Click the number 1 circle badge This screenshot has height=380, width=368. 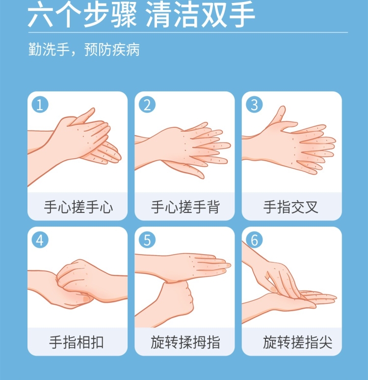40,105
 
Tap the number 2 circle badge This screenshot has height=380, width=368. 147,105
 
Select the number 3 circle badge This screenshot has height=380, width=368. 254,105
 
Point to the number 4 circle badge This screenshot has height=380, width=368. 40,240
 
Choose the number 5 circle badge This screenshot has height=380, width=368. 147,240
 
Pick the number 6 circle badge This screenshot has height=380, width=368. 254,240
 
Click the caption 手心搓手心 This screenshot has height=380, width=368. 79,207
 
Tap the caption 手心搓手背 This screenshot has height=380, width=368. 185,207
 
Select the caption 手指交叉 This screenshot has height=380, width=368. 291,207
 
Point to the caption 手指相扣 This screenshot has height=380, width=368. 77,342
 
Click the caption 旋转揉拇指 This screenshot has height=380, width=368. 185,342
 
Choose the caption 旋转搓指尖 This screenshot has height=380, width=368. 298,342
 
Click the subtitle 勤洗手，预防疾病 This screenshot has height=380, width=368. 84,50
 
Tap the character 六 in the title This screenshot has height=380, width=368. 40,15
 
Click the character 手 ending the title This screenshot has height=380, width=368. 242,15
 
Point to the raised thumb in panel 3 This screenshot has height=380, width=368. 278,116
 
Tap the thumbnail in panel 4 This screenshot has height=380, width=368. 86,299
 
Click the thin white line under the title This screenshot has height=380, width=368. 188,32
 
